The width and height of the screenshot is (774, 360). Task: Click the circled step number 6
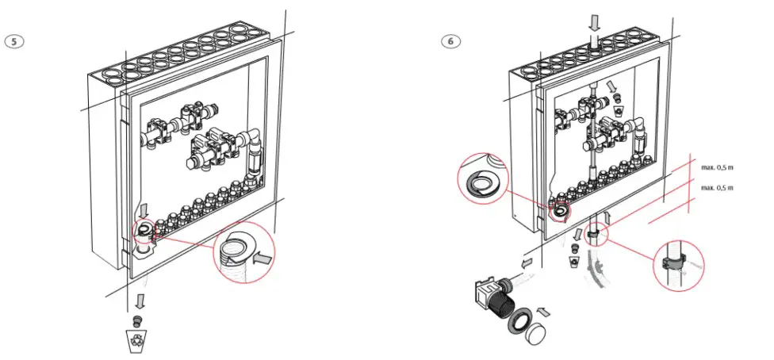[x=450, y=40]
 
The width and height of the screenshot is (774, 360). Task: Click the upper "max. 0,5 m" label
[x=717, y=167]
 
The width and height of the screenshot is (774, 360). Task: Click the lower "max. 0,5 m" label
[x=717, y=188]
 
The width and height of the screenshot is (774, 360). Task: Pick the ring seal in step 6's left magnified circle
[x=477, y=179]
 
